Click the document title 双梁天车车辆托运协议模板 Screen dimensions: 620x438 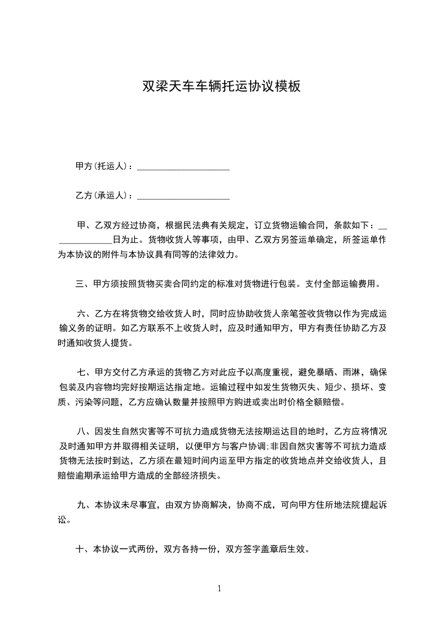pyautogui.click(x=221, y=86)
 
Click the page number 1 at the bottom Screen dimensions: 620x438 pyautogui.click(x=219, y=589)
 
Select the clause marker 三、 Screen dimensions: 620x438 pyautogui.click(x=82, y=285)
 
